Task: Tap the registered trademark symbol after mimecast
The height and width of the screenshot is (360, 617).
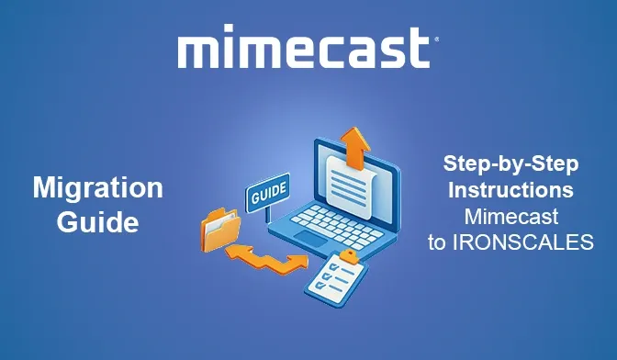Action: [434, 40]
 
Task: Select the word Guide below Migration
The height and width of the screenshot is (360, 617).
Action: [97, 221]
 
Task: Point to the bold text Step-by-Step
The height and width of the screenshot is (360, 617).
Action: [511, 165]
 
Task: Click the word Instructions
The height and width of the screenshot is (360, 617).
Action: [511, 191]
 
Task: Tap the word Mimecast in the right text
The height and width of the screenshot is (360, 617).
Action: [511, 217]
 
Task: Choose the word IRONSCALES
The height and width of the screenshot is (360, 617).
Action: [537, 242]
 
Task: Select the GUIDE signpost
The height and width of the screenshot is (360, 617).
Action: [268, 193]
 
